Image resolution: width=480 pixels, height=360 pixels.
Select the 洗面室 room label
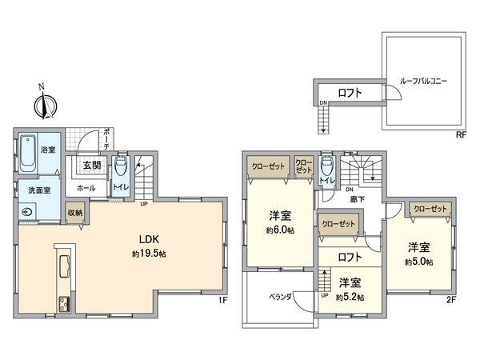coord(38,191)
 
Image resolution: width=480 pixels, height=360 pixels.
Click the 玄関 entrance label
coord(90,166)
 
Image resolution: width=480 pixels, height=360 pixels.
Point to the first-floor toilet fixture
coord(120,168)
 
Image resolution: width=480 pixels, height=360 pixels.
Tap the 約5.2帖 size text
coord(349,297)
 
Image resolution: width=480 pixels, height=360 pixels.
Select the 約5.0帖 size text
coord(418,262)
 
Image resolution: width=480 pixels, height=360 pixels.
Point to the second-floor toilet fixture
coord(326,170)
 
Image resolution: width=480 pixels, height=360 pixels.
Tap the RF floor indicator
coord(461,134)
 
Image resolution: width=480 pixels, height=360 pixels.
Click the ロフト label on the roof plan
coord(350,93)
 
